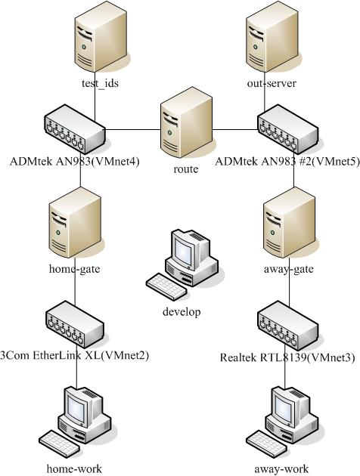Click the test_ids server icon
coord(101,36)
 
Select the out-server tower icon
coord(272,36)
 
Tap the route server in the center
coord(186,122)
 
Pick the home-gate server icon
coord(75,223)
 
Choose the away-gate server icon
coord(289,223)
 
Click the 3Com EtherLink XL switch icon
coord(75,325)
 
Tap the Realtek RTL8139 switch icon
coord(288,325)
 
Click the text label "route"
coord(185,168)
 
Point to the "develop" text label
coord(182,311)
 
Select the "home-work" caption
coord(74,468)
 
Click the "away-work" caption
coord(281,468)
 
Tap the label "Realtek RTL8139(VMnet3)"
coord(287,357)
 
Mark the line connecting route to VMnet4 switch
coord(133,130)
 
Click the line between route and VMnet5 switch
coord(235,130)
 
